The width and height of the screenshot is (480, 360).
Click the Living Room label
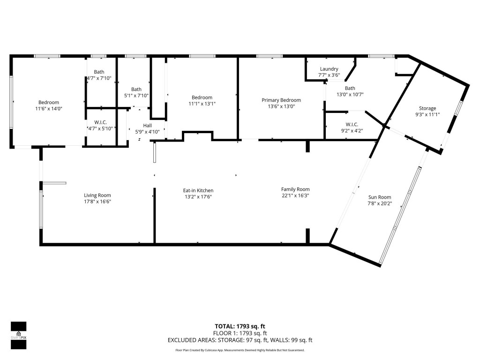(x=97, y=195)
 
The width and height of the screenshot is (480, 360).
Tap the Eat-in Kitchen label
(x=198, y=190)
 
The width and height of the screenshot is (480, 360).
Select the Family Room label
(x=295, y=189)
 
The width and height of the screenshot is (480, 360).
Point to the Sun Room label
(x=380, y=197)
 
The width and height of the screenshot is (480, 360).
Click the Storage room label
(x=427, y=108)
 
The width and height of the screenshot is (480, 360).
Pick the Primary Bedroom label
(x=281, y=100)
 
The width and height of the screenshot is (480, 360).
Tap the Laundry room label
(x=329, y=69)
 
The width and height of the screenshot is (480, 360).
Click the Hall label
(x=147, y=126)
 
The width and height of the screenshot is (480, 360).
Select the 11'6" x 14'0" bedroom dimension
(x=49, y=109)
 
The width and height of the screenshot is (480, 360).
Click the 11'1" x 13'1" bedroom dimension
(x=202, y=104)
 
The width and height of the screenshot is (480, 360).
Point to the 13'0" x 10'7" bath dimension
(x=350, y=95)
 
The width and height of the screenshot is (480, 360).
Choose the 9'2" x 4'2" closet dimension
(x=352, y=131)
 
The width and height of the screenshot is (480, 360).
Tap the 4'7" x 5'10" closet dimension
(x=100, y=128)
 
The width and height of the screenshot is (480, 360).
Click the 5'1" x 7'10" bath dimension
(x=136, y=96)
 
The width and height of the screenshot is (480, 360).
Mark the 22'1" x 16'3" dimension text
(x=295, y=195)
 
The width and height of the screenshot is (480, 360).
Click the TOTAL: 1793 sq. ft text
(x=240, y=326)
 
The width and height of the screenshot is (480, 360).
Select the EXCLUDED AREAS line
(x=240, y=340)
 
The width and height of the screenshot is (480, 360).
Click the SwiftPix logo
(x=19, y=336)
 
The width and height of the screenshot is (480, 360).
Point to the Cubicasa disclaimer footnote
(x=240, y=350)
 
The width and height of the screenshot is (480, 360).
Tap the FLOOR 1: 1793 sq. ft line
(x=240, y=333)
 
